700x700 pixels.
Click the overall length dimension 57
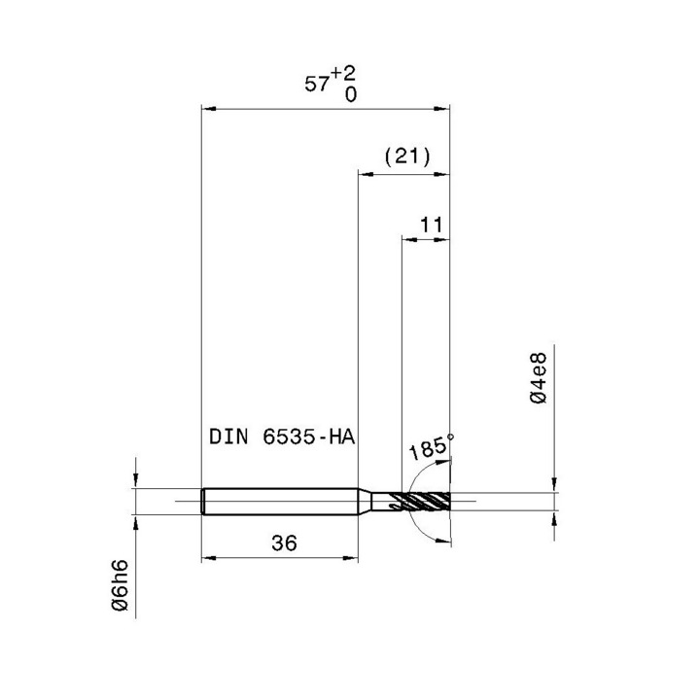317,85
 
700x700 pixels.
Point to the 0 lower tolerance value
349,94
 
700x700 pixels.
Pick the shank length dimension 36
284,544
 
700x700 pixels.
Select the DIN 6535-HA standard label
282,437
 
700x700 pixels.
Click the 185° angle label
427,451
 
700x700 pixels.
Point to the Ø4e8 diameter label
540,386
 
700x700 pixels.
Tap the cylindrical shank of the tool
277,501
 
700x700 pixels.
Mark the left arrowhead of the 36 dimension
206,559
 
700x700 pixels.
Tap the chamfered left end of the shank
203,501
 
